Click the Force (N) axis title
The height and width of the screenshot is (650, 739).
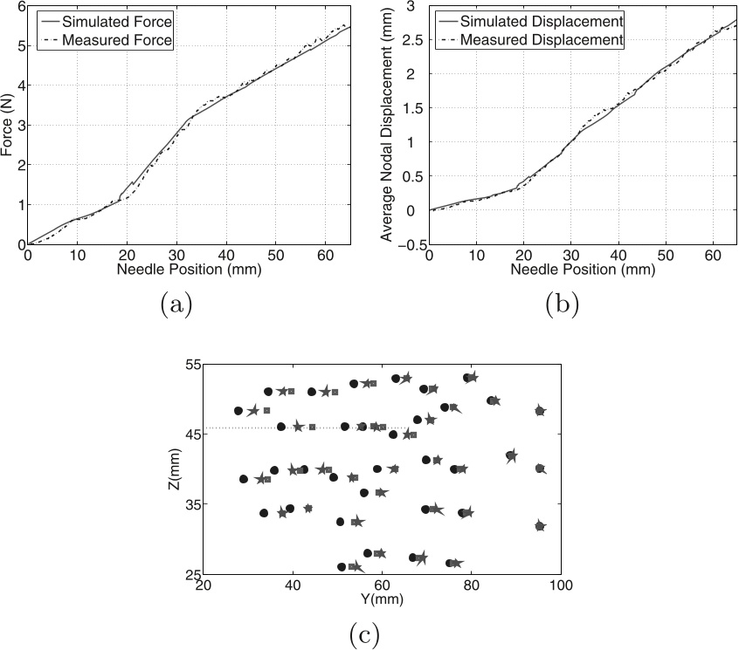[x=9, y=125]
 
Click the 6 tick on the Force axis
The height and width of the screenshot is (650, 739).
[x=18, y=6]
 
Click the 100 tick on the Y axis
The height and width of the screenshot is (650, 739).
[x=560, y=586]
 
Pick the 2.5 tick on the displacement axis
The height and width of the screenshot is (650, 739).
[x=412, y=40]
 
